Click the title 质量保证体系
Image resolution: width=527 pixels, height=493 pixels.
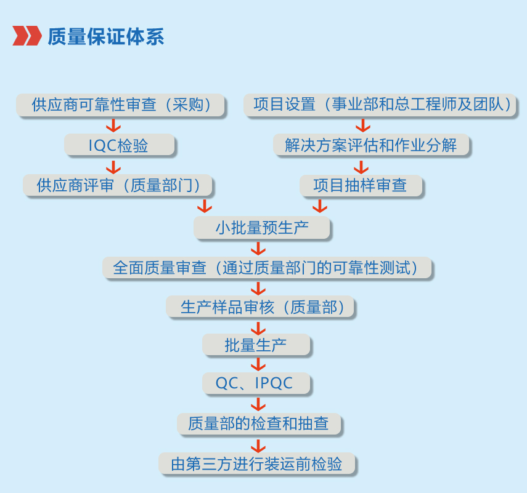pyautogui.click(x=105, y=36)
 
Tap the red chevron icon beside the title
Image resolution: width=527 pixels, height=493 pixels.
pyautogui.click(x=27, y=36)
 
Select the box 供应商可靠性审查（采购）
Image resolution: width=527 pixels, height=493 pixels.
pyautogui.click(x=120, y=105)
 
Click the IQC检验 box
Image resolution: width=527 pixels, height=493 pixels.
pyautogui.click(x=119, y=145)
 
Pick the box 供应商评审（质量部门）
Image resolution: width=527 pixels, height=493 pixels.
pyautogui.click(x=118, y=185)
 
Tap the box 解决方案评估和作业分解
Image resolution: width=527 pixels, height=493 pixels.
pyautogui.click(x=371, y=145)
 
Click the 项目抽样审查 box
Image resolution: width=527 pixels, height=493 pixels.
pyautogui.click(x=361, y=185)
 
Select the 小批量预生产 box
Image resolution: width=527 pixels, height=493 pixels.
pyautogui.click(x=262, y=228)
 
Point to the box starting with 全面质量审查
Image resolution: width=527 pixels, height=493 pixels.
pyautogui.click(x=266, y=268)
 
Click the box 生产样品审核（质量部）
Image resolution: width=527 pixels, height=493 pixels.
pyautogui.click(x=260, y=307)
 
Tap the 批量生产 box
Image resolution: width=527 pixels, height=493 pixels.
pyautogui.click(x=256, y=345)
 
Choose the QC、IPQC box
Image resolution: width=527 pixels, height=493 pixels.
pyautogui.click(x=256, y=383)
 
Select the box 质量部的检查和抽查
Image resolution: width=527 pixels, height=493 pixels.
pyautogui.click(x=258, y=423)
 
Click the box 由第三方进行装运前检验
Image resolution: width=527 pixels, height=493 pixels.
pyautogui.click(x=258, y=463)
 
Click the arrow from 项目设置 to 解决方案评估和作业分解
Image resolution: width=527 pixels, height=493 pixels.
pyautogui.click(x=363, y=126)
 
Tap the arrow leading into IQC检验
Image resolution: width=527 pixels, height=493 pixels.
pyautogui.click(x=113, y=126)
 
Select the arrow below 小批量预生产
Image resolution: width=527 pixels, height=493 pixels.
pyautogui.click(x=258, y=249)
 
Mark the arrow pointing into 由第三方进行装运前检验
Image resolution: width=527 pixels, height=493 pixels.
pyautogui.click(x=258, y=444)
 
